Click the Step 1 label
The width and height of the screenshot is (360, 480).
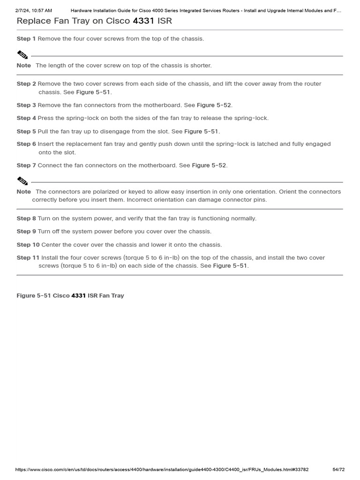click(x=26, y=38)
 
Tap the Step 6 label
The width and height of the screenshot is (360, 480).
click(x=26, y=144)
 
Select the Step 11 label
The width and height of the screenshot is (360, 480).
click(x=28, y=257)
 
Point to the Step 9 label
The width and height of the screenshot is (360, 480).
click(x=26, y=231)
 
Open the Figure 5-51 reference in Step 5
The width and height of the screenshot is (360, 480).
click(x=202, y=131)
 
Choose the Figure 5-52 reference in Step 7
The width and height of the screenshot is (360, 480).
click(x=210, y=165)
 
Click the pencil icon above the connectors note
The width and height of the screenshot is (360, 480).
click(x=22, y=180)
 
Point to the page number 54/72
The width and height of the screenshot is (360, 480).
click(x=338, y=469)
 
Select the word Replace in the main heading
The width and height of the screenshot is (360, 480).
click(x=34, y=21)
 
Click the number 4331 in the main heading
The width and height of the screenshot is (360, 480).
click(x=143, y=21)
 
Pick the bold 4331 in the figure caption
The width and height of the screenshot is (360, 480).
click(x=78, y=295)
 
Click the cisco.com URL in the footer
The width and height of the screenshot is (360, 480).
click(x=162, y=469)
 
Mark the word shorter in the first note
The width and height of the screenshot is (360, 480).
click(x=200, y=65)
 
